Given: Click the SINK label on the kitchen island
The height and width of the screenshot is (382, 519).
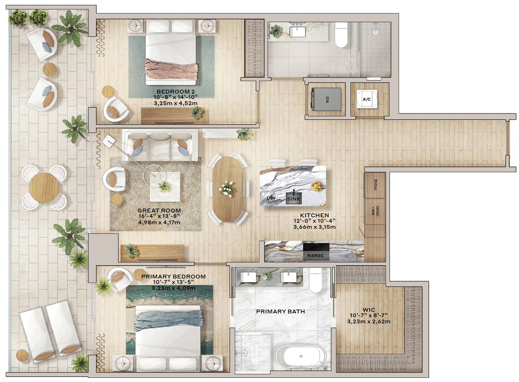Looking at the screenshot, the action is (293, 199).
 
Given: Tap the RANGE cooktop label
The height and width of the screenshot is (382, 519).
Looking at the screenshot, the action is (315, 256).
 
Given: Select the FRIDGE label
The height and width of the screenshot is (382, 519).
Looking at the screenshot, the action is (375, 184).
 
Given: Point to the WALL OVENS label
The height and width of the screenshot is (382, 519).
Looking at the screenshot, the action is (375, 211).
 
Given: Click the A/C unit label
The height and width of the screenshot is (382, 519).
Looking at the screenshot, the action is (366, 99).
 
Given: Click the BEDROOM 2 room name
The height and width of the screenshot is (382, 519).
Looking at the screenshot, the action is (175, 92).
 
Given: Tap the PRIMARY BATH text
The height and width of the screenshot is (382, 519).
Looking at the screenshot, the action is (280, 312).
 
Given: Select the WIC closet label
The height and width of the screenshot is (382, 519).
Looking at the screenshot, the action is (368, 310).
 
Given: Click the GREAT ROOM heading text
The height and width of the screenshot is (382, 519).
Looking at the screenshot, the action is (159, 211).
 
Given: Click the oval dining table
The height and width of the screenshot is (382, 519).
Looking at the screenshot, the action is (227, 189).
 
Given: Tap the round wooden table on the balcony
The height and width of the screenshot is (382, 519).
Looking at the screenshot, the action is (44, 187).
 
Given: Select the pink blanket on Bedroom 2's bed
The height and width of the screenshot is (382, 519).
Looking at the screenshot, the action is (171, 69).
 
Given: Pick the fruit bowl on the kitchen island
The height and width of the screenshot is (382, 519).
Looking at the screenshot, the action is (316, 186).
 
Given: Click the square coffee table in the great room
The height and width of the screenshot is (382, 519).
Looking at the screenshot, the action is (165, 187).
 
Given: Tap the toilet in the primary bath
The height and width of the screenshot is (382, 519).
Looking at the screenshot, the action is (316, 280).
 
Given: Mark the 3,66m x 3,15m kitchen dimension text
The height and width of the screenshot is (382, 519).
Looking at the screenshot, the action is (315, 227).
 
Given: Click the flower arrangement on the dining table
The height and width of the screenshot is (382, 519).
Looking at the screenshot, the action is (226, 189).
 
